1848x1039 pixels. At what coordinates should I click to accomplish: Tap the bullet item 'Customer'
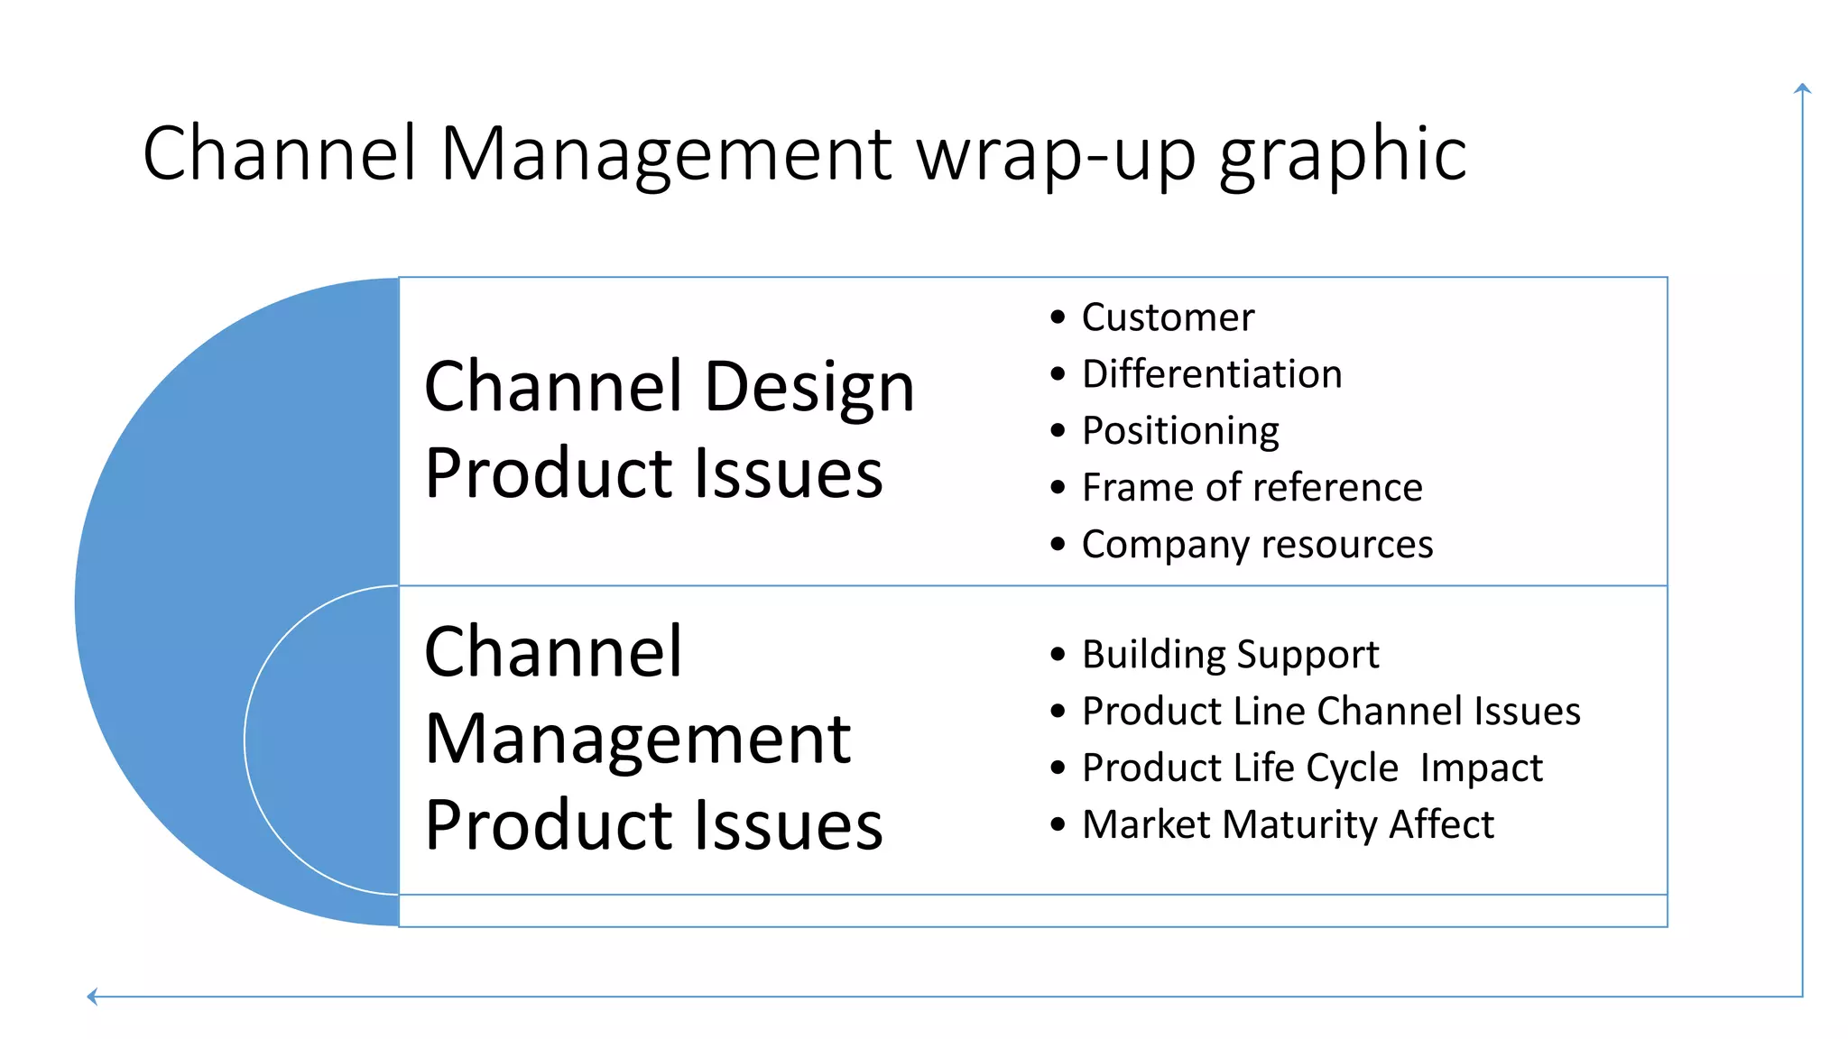1168,317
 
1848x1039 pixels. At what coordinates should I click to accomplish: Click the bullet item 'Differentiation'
1211,374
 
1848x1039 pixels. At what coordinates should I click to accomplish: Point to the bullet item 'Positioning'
1180,431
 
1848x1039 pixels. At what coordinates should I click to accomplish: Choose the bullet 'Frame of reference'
1252,488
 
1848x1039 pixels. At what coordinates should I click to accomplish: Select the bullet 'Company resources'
1257,545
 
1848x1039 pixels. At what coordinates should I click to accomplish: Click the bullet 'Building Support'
1230,655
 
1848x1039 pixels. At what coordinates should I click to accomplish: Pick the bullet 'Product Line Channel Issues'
1331,712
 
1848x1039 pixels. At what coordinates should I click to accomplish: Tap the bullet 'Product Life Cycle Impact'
1312,768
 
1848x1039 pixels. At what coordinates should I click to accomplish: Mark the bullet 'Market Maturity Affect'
1288,825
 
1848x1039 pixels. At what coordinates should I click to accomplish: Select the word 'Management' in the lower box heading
637,740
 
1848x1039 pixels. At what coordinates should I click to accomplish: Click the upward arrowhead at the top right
1802,88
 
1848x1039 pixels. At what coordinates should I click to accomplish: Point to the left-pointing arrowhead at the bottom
92,996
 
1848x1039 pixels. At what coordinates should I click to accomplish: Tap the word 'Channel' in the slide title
280,153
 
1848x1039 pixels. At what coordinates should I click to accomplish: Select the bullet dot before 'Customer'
1058,317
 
